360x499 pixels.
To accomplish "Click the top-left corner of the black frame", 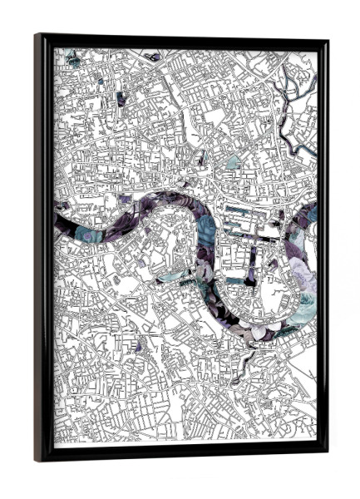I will pos(36,34).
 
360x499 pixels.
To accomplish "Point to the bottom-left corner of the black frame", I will pos(36,462).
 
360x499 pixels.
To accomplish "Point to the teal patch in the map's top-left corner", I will pos(73,59).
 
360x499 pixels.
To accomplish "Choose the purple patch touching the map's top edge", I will pos(153,57).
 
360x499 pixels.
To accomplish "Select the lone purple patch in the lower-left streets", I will pos(139,344).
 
